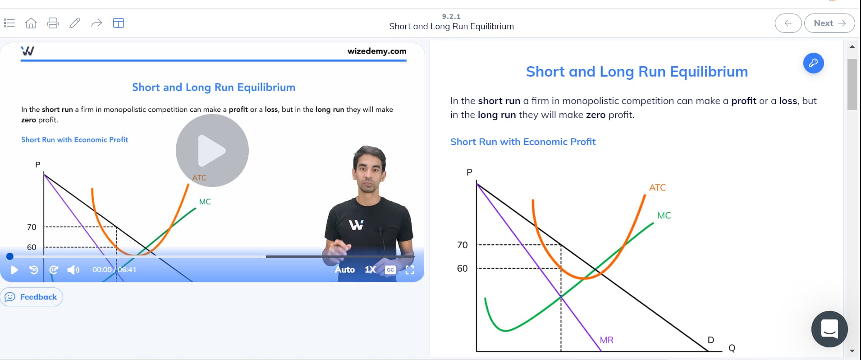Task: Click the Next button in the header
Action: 829,23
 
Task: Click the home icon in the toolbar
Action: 31,23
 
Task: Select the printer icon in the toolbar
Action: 53,23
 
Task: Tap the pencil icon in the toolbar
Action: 75,23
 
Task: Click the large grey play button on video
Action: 212,150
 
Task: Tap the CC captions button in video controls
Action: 390,270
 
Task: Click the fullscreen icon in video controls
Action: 410,270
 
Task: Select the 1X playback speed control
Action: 370,269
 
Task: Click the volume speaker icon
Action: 73,270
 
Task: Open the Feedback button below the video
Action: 32,297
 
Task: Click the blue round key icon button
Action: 813,63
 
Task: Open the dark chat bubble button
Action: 829,329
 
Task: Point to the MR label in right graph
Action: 606,340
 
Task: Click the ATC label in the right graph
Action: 657,187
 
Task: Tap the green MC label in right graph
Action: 664,215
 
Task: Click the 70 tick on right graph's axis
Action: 463,245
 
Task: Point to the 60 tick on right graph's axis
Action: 463,269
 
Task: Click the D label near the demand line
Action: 711,340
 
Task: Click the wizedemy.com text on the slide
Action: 377,51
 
